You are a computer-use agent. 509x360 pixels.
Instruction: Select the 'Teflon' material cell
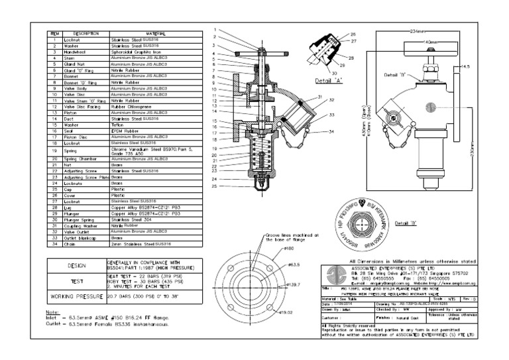pos(119,124)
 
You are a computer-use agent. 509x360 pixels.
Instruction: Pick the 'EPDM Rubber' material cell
pos(125,130)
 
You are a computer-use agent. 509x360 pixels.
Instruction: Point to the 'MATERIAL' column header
pos(156,33)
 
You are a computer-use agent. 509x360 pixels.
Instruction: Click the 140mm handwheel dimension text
pos(431,42)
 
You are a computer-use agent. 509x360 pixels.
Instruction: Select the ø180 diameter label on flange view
pos(289,249)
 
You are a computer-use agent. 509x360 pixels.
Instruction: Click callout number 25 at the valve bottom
pos(215,186)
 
